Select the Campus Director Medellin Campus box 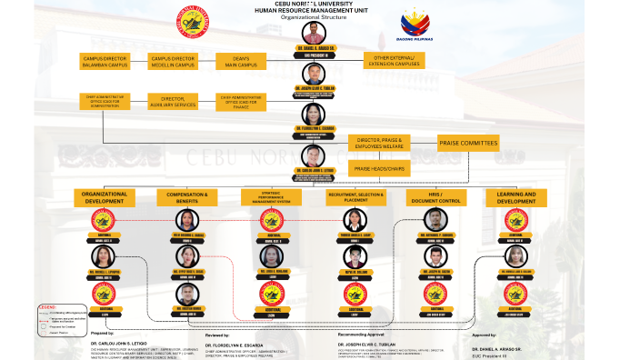[173, 61]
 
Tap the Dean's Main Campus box [239, 61]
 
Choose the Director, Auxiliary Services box [178, 102]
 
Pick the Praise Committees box [468, 143]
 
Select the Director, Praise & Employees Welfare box [379, 143]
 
